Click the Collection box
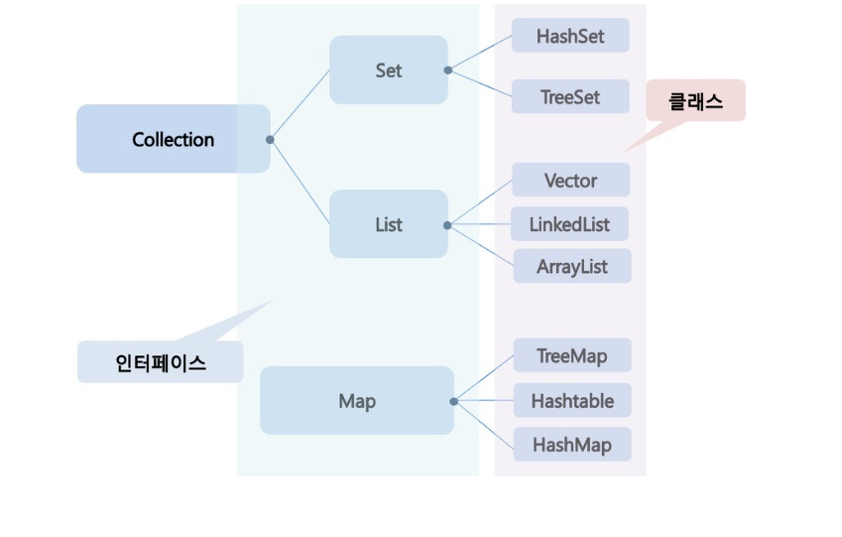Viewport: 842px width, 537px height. click(x=173, y=139)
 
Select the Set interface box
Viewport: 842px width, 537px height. click(x=388, y=70)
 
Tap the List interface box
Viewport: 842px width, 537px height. click(x=388, y=224)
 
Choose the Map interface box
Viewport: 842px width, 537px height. click(x=356, y=401)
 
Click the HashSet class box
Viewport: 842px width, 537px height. click(x=570, y=36)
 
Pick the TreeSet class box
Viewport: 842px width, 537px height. click(x=570, y=97)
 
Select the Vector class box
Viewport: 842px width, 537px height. click(x=570, y=181)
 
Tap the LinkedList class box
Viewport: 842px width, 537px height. click(x=569, y=224)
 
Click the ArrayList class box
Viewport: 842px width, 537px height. click(x=571, y=267)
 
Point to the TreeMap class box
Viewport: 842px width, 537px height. click(x=571, y=355)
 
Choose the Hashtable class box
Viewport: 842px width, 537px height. click(x=572, y=401)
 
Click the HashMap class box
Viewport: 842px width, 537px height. click(x=571, y=444)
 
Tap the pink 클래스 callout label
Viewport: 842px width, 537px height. click(x=695, y=100)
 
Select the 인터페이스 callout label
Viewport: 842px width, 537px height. click(x=160, y=362)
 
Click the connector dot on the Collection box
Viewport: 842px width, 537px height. click(x=270, y=140)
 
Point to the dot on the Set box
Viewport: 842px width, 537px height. click(x=448, y=70)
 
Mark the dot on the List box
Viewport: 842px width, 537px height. click(x=448, y=225)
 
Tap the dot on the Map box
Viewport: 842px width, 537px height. click(x=453, y=402)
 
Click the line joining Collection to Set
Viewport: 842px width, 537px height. click(x=300, y=105)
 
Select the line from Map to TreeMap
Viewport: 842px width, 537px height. click(x=484, y=378)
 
